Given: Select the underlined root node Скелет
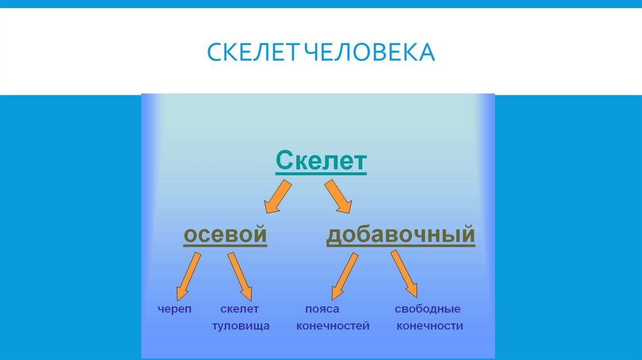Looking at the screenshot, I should click(321, 161).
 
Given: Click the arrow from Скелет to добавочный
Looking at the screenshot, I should click(338, 196).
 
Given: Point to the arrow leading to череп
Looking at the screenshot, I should click(188, 274).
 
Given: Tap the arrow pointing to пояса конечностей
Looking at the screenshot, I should click(345, 274).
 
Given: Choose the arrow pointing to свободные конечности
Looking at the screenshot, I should click(404, 273).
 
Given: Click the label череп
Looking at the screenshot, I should click(175, 309).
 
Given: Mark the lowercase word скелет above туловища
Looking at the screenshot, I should click(240, 309).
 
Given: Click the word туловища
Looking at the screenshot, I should click(241, 326).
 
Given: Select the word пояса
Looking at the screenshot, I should click(322, 309).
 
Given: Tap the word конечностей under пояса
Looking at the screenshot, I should click(333, 326).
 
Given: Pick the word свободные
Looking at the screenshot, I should click(428, 309).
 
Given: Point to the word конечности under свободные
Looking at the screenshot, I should click(430, 326).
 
